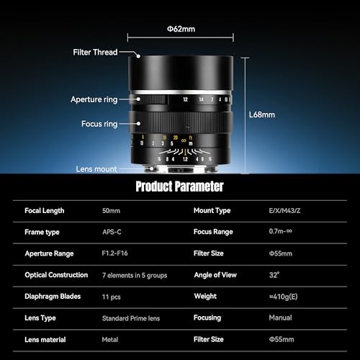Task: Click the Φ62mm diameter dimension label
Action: click(181, 29)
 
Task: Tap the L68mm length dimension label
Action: click(262, 114)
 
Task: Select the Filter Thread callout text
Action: click(95, 52)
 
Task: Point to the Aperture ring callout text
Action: click(94, 99)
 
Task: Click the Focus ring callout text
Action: click(99, 124)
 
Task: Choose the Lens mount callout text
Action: click(96, 169)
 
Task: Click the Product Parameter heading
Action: click(179, 186)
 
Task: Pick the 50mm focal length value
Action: click(111, 211)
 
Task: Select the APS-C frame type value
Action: click(112, 232)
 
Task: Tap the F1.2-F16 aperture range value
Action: click(114, 253)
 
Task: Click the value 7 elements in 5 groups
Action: click(135, 275)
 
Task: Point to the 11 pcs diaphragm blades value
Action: click(112, 297)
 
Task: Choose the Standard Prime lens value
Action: click(131, 318)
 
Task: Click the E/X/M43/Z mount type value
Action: click(284, 211)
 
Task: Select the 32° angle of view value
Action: click(274, 274)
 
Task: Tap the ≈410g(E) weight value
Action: click(283, 297)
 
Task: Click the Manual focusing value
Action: click(280, 318)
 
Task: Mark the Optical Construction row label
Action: click(56, 275)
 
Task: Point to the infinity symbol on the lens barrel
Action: click(184, 140)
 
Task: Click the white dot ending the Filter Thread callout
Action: click(138, 56)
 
